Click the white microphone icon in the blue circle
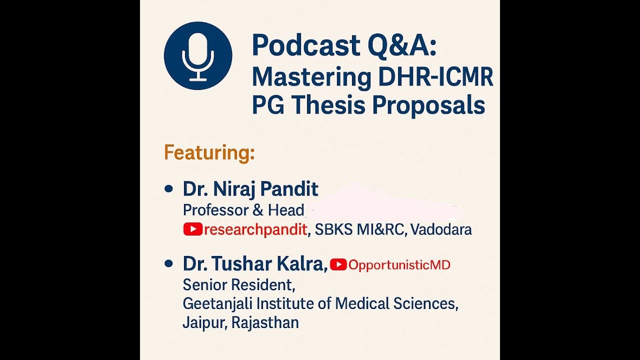coord(198,56)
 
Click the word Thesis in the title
coord(329,105)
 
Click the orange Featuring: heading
coord(209,152)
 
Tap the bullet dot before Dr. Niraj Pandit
coord(168,189)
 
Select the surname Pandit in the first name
coord(291,189)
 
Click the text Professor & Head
coord(243,210)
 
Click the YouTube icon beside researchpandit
coord(192,229)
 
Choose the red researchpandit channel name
coord(255,230)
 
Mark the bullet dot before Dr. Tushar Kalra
coord(168,263)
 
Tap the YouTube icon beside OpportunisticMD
coord(338,264)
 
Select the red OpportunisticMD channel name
coord(399,265)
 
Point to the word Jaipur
coord(204,322)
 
